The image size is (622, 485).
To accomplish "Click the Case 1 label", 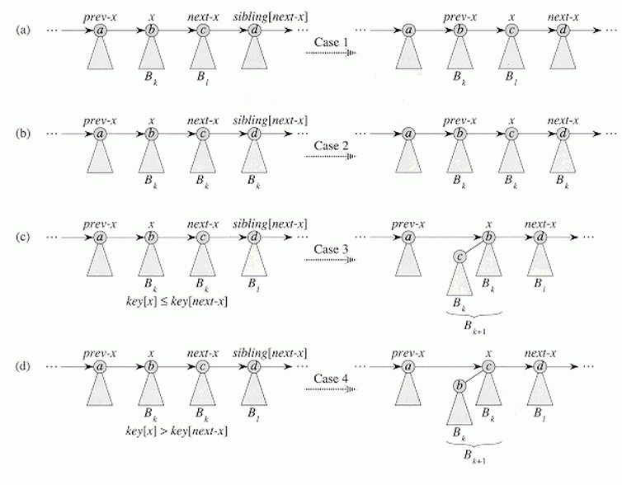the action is tap(332, 42).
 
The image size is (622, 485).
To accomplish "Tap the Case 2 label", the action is tap(332, 145).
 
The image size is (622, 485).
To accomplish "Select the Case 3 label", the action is tap(332, 249).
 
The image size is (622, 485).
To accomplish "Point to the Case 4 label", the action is tap(332, 379).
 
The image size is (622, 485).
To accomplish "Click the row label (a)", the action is tap(23, 30).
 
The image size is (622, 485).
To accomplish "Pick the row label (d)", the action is tap(23, 366).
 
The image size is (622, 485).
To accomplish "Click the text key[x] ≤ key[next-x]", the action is tap(177, 302).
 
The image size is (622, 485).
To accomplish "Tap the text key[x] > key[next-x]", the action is tap(177, 431).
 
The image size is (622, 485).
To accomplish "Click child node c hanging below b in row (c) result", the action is tap(459, 257).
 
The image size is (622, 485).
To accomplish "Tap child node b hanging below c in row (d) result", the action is tap(459, 385).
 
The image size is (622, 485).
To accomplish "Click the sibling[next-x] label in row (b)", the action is tap(270, 120).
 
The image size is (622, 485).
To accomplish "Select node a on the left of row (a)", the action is tap(100, 31).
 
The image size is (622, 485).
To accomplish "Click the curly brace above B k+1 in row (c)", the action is tap(474, 314).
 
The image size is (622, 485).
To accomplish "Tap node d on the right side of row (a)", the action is tap(563, 31).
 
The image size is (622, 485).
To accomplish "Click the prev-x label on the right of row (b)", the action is tap(460, 120).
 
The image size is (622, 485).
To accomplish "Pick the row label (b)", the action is tap(23, 134).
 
